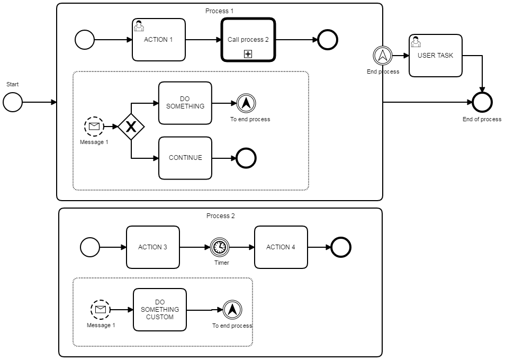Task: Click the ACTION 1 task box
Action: pos(159,40)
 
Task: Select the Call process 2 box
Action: pos(248,40)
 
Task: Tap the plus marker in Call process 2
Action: pos(248,54)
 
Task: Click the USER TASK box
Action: pos(435,56)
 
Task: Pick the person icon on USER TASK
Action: pos(416,41)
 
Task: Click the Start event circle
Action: pos(13,102)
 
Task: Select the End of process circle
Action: pos(482,102)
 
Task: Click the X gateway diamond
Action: pos(131,127)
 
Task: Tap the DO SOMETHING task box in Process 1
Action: pos(185,103)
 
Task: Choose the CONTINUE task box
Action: pos(185,158)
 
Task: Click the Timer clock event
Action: pos(220,247)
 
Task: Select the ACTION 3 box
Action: pos(152,247)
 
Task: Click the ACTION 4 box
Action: pos(281,247)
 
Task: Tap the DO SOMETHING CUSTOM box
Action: pos(159,310)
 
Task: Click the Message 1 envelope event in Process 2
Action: pos(101,310)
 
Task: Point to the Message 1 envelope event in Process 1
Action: pos(94,126)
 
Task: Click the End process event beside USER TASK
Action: pos(383,56)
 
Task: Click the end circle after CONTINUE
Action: pos(246,158)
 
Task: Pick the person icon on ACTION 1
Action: pos(139,25)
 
